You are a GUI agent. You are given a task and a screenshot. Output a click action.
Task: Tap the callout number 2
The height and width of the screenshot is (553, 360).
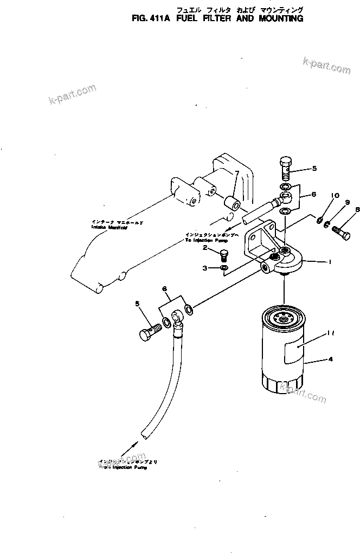point(205,248)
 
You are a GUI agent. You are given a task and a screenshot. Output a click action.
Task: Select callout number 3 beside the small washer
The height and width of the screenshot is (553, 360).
point(205,268)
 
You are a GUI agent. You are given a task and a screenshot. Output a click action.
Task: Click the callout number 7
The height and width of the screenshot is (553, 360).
point(236,173)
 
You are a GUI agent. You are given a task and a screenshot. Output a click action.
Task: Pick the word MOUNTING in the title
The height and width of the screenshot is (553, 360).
point(278,18)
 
